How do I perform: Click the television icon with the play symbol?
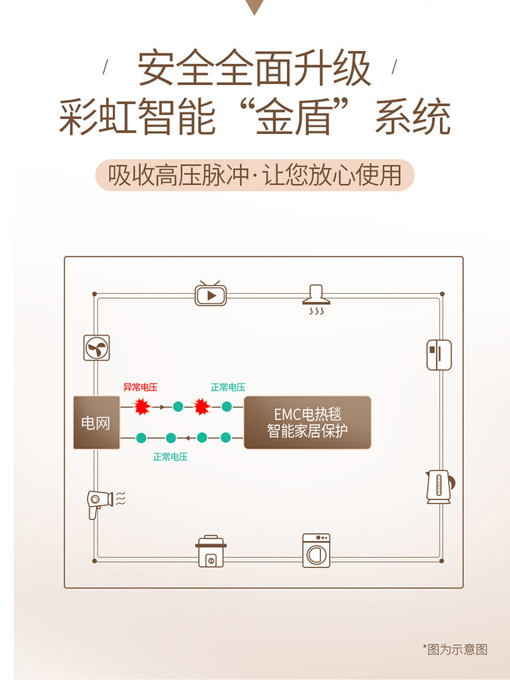211,294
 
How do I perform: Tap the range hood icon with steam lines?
316,299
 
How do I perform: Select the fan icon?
96,348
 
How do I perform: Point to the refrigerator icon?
439,354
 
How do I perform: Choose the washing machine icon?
316,550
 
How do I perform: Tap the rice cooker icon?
211,551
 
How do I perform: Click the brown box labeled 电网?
96,422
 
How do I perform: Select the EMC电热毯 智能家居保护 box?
307,422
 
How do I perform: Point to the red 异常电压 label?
140,387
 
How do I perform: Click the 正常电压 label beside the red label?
228,387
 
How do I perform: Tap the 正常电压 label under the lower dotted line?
170,456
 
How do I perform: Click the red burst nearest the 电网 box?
141,407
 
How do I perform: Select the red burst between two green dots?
201,407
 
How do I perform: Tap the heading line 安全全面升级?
255,68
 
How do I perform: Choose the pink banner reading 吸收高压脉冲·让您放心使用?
255,175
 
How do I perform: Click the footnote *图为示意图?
455,649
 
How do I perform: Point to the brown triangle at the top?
255,6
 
